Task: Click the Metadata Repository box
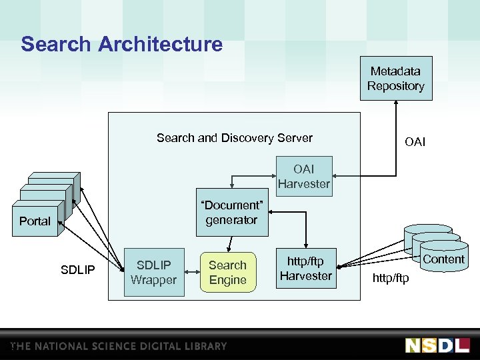pyautogui.click(x=396, y=79)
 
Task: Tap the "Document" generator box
pyautogui.click(x=231, y=213)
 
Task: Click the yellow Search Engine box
pyautogui.click(x=228, y=272)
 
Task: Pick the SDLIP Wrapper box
pyautogui.click(x=153, y=272)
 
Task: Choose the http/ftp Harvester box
pyautogui.click(x=305, y=268)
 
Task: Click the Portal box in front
pyautogui.click(x=35, y=221)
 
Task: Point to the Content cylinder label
pyautogui.click(x=443, y=259)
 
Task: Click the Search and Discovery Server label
pyautogui.click(x=234, y=138)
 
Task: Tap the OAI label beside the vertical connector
pyautogui.click(x=415, y=142)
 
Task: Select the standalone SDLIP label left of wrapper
pyautogui.click(x=78, y=270)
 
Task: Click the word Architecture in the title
pyautogui.click(x=160, y=45)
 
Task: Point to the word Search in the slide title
pyautogui.click(x=56, y=45)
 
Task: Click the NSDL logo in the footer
pyautogui.click(x=437, y=345)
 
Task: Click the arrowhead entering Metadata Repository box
pyautogui.click(x=396, y=103)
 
